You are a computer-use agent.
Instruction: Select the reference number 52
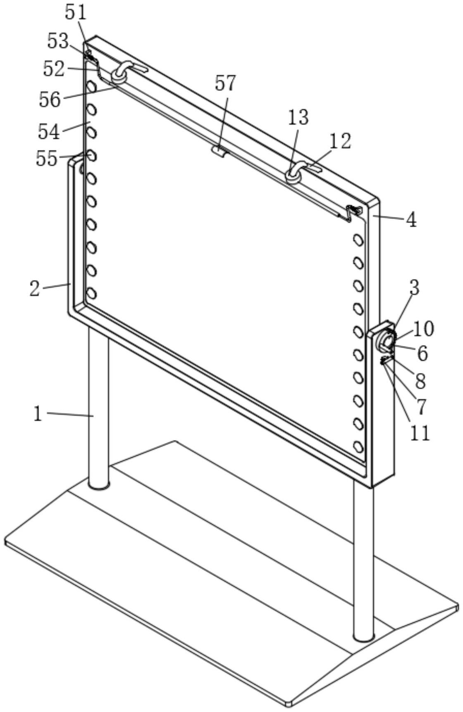54,69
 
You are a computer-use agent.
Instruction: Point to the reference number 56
50,99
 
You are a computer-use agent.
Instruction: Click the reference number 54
49,131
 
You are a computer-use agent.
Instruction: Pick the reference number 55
46,158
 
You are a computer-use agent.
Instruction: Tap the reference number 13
298,118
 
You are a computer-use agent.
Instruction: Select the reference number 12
340,141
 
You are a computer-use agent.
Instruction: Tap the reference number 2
35,288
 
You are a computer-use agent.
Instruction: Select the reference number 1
38,413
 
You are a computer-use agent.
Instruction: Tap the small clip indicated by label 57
219,151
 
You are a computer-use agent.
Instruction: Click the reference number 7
421,406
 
